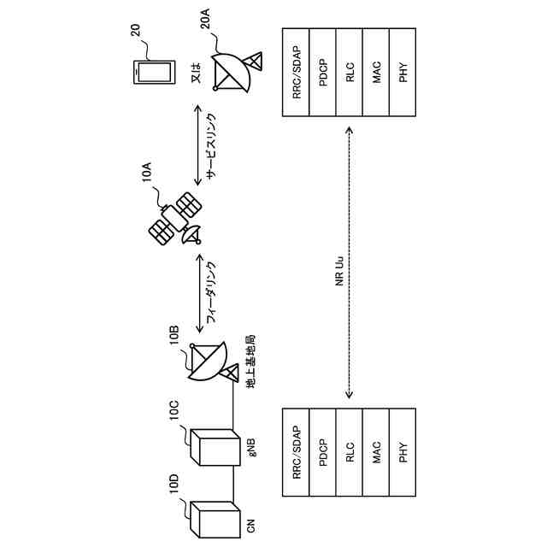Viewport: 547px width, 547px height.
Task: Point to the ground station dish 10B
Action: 209,363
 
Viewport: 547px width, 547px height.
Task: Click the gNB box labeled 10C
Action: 214,447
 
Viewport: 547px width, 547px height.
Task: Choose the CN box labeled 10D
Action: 214,517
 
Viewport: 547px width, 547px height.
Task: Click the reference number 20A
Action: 206,18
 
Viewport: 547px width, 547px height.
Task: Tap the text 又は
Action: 195,72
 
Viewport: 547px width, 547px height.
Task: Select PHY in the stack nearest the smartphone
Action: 403,73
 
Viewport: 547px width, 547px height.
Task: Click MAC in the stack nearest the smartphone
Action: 377,73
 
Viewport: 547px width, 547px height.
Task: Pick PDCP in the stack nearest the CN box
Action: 324,452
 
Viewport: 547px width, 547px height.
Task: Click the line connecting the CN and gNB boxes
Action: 232,485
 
